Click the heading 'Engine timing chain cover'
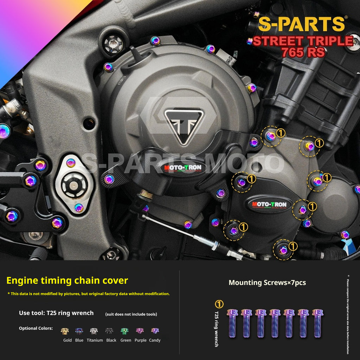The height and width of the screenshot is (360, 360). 67,281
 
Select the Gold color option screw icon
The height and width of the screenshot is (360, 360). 65,331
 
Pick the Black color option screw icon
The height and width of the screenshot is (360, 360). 109,331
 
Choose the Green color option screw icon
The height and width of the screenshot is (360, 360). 125,331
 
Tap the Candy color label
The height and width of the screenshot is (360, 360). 155,340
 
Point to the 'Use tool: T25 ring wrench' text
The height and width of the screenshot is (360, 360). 56,313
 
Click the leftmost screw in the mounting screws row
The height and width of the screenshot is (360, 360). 232,323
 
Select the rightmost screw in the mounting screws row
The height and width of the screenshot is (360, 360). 318,323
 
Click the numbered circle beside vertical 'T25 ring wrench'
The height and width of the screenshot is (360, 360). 219,304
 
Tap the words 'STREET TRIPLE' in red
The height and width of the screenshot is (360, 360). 303,41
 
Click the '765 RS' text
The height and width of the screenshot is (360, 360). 303,53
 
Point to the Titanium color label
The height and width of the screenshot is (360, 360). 95,340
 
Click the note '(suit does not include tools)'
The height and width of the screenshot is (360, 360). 131,314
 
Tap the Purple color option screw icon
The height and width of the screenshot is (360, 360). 140,331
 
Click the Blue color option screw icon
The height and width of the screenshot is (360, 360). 79,331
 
